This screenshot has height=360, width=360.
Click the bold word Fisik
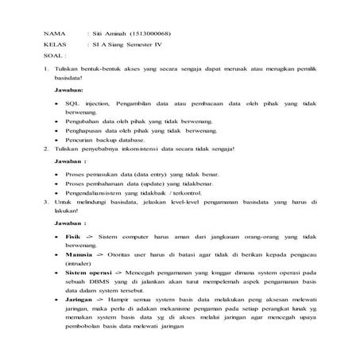[73, 238]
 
